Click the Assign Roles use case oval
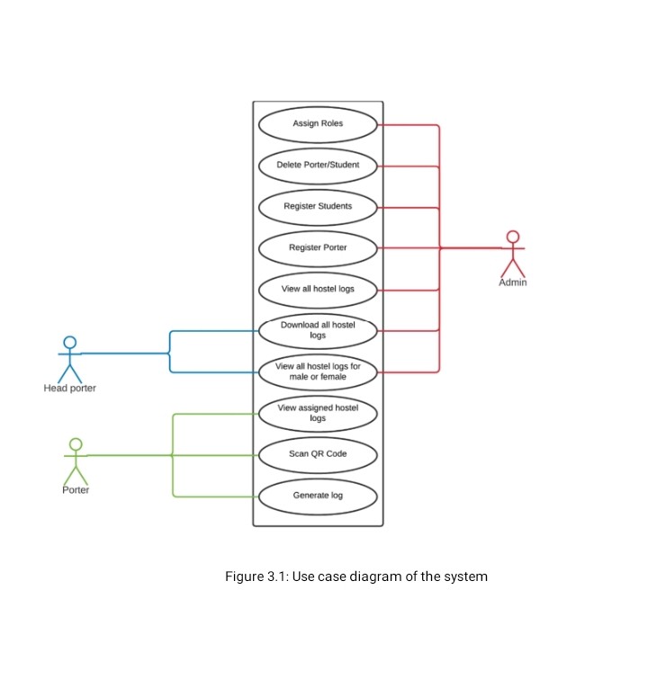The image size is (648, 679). [318, 124]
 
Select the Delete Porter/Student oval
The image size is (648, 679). [318, 165]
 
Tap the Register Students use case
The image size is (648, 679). [318, 207]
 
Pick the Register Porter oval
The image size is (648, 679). [318, 247]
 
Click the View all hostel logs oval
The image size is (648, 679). [318, 290]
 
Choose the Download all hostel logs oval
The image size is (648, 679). [318, 330]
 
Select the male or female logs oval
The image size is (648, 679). [318, 371]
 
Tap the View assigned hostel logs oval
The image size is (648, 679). [318, 413]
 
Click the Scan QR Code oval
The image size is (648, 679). [318, 454]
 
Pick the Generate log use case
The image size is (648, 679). [318, 496]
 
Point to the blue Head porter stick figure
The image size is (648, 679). [69, 357]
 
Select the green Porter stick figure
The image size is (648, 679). [76, 460]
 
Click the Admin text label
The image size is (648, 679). [513, 282]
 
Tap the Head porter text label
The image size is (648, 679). [69, 389]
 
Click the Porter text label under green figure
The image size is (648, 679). [76, 490]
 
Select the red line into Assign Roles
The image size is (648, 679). [409, 125]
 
